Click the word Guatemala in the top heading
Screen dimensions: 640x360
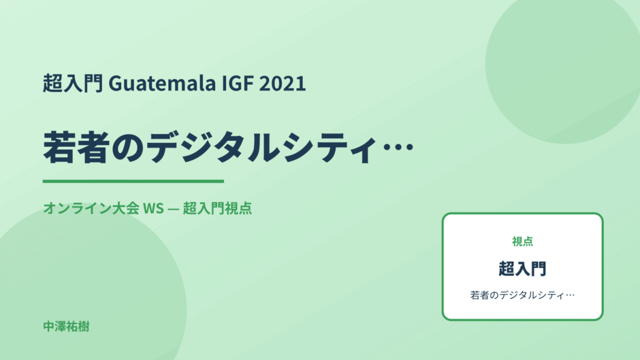162,83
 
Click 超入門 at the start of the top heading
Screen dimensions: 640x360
73,83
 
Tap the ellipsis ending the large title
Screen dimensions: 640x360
398,147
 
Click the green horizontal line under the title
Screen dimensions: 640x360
133,181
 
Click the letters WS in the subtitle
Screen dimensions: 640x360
153,208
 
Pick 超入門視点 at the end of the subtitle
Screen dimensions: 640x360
217,208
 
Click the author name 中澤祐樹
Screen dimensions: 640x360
66,327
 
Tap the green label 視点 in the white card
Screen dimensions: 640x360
522,242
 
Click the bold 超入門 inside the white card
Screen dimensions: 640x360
522,269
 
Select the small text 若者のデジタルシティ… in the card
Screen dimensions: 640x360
522,295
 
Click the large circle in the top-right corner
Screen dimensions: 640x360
563,65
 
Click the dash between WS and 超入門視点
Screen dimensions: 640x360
173,208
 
